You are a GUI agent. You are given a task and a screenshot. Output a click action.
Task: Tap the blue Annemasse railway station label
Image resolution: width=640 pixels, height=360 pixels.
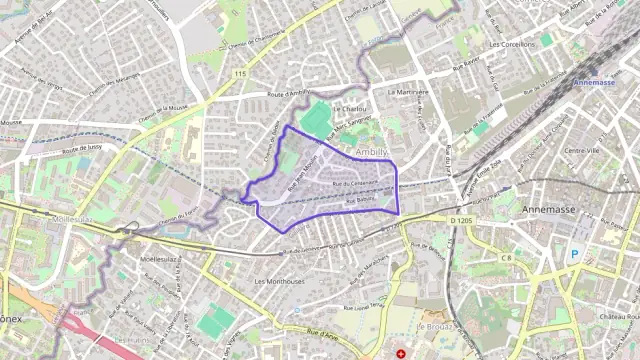(x=598, y=83)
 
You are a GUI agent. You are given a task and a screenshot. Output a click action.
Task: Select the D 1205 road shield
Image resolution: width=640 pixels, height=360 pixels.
(x=461, y=218)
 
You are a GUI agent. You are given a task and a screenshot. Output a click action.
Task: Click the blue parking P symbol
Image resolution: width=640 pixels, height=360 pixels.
(x=574, y=254)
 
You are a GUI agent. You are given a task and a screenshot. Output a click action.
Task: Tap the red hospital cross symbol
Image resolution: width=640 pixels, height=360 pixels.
(x=401, y=353)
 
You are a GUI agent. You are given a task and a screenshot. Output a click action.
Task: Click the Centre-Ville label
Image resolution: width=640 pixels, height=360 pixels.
(x=582, y=151)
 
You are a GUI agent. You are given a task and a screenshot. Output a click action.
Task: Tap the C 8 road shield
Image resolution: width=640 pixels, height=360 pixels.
(x=505, y=258)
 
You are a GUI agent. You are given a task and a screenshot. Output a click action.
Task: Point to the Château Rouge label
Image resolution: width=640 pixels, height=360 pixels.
(x=619, y=316)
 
